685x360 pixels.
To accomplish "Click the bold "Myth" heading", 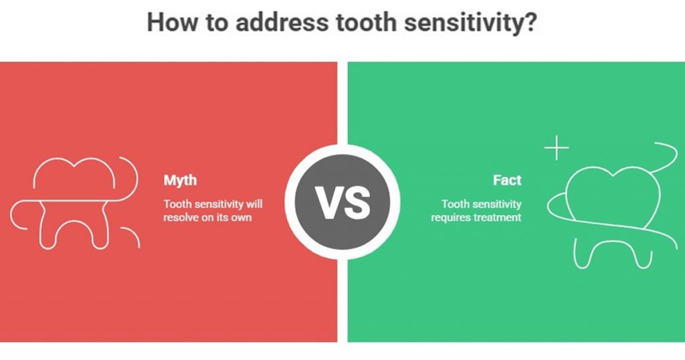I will click(x=180, y=181).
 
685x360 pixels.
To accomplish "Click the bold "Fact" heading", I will click(x=507, y=181).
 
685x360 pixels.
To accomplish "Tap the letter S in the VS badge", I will click(x=357, y=203).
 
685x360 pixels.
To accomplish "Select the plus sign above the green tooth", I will click(x=557, y=149).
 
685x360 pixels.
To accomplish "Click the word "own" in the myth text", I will click(x=243, y=218).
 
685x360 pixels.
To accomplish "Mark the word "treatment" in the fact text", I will click(x=498, y=218).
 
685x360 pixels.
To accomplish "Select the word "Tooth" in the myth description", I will click(x=176, y=204).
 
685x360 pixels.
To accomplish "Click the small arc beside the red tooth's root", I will click(x=131, y=237).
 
